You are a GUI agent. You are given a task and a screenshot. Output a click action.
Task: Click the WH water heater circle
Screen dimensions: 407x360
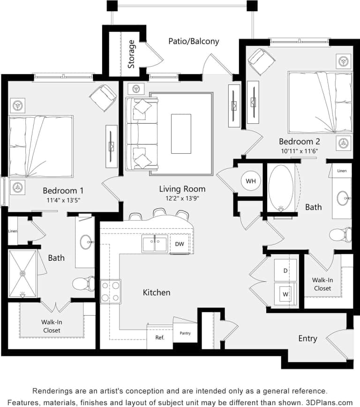point(250,181)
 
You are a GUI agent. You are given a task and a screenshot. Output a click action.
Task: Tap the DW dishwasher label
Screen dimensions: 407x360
point(180,244)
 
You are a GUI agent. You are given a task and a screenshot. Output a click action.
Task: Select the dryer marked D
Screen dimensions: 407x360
point(285,271)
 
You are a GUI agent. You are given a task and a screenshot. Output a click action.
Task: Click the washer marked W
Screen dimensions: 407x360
point(285,294)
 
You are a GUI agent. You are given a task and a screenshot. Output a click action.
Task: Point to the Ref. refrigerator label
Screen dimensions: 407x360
point(159,337)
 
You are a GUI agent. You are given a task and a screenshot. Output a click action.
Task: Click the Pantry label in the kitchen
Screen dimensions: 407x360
point(185,333)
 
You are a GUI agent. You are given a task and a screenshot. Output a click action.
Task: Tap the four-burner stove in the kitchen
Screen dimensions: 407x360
point(110,291)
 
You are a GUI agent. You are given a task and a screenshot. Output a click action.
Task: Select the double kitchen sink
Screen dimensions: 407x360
point(155,244)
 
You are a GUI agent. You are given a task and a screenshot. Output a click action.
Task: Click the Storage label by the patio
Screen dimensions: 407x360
point(132,54)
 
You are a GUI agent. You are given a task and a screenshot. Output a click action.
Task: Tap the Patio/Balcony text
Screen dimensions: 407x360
point(194,41)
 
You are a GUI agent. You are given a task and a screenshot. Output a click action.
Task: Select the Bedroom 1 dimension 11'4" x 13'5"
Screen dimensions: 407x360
point(63,201)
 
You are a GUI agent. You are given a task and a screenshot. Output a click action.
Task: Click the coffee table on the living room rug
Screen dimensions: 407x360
point(181,134)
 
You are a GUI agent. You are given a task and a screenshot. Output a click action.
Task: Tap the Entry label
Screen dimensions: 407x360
point(307,338)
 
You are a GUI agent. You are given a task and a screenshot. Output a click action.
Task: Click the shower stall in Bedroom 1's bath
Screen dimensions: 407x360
point(22,273)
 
